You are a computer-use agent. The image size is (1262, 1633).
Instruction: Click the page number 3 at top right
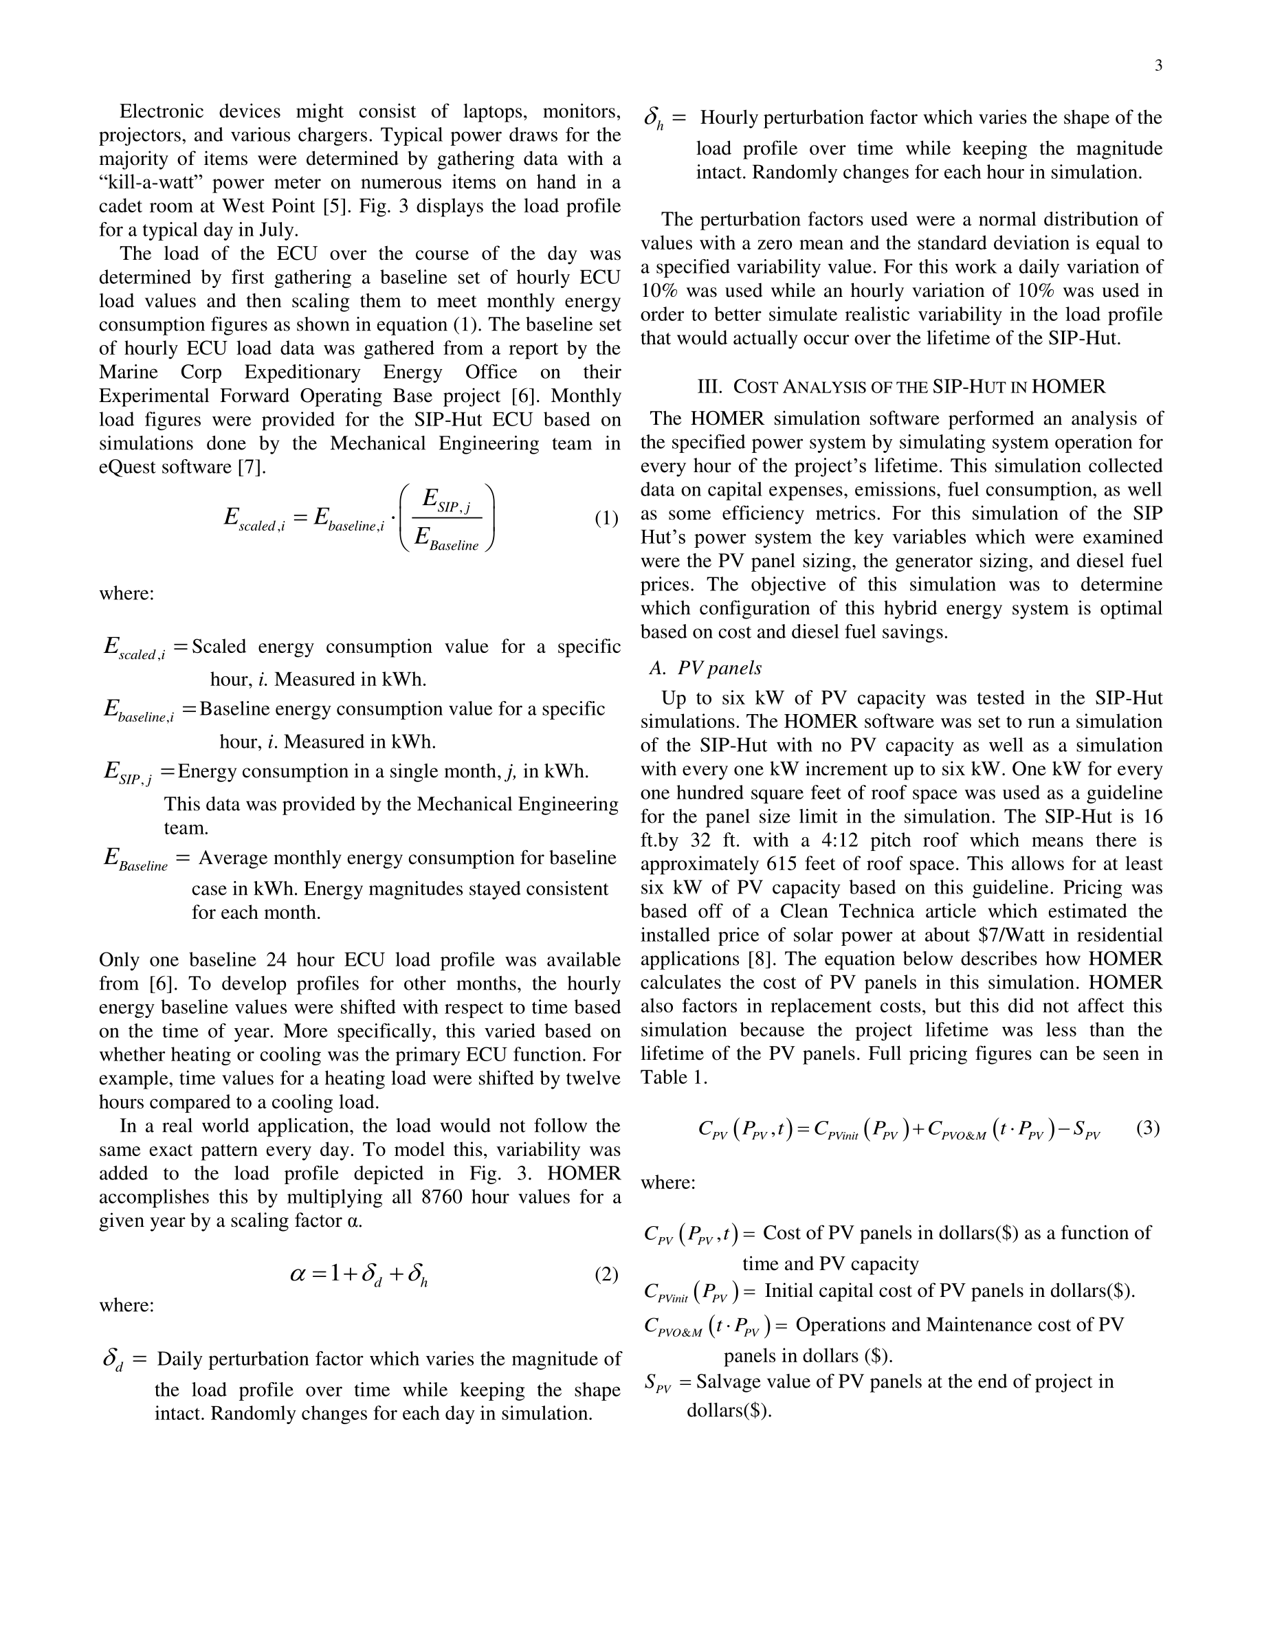coord(1158,66)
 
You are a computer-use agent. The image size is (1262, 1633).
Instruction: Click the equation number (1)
coord(606,518)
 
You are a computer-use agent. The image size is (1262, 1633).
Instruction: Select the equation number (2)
coord(606,1274)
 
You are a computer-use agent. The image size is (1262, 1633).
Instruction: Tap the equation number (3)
coord(1148,1128)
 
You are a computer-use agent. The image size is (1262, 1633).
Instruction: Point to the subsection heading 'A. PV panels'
coord(705,668)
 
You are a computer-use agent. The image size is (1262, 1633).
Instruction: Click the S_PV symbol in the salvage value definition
coord(657,1383)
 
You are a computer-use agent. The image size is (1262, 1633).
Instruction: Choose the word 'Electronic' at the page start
coord(162,111)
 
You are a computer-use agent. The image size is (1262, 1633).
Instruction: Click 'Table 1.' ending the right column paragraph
coord(674,1078)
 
